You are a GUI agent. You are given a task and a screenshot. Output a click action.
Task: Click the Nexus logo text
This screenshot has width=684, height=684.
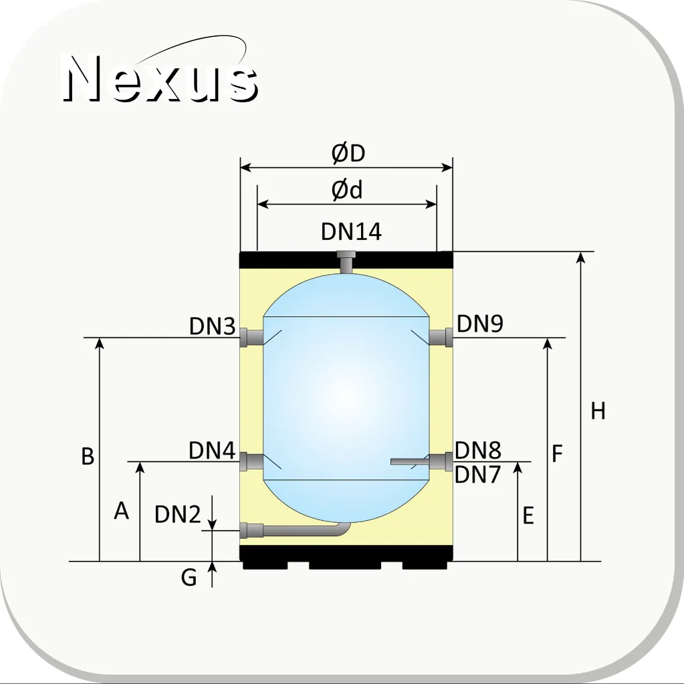(x=160, y=78)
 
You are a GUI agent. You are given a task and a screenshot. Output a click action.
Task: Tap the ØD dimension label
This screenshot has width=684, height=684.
(x=348, y=153)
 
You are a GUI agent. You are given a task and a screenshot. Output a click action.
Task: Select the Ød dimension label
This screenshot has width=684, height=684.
(x=347, y=190)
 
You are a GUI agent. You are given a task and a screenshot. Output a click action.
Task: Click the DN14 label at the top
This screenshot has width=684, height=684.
(x=351, y=231)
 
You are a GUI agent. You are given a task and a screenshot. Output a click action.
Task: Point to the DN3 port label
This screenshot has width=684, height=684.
(x=213, y=326)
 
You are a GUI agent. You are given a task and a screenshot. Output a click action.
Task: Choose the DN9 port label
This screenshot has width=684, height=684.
(x=480, y=324)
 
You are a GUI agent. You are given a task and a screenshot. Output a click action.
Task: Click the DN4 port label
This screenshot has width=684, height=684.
(x=212, y=450)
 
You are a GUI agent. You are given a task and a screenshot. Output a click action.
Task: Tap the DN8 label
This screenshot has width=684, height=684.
(x=477, y=450)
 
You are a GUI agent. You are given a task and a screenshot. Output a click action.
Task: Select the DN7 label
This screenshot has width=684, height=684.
(x=477, y=475)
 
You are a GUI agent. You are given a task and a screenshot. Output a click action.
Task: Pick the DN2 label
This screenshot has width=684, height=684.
(x=178, y=514)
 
